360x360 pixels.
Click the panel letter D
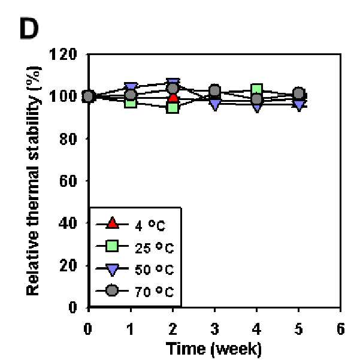[29, 28]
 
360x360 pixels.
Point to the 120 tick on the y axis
[63, 55]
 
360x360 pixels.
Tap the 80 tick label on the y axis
[68, 139]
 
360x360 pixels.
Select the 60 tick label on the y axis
[68, 181]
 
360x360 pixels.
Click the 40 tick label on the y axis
[68, 223]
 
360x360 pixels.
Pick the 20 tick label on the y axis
[68, 265]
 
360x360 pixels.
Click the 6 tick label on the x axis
[341, 329]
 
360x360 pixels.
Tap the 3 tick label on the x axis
[214, 329]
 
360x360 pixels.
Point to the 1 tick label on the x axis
[131, 329]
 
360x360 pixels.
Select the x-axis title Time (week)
[214, 349]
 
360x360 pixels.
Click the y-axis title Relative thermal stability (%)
[34, 181]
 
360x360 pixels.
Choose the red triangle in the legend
[112, 223]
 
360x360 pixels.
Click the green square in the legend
[112, 246]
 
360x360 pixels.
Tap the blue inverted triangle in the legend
[112, 270]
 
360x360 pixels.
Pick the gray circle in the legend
[112, 291]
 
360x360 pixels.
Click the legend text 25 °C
[155, 248]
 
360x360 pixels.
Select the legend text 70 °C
[155, 292]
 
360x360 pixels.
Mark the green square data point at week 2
[173, 107]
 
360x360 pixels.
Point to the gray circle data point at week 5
[299, 93]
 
